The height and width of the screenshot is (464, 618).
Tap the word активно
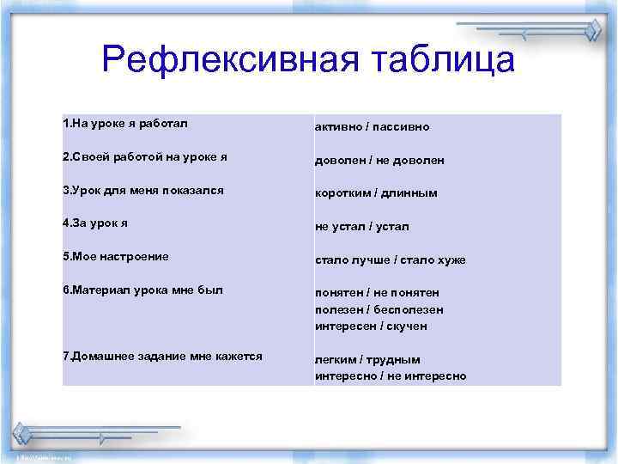click(338, 127)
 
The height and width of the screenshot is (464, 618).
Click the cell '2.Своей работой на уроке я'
click(144, 157)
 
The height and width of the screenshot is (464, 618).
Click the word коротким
click(343, 193)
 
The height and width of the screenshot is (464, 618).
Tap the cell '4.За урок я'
click(95, 223)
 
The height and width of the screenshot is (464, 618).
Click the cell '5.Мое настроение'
click(116, 256)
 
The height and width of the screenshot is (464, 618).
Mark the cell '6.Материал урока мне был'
click(142, 290)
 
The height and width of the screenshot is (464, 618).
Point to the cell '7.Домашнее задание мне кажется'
click(162, 356)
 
